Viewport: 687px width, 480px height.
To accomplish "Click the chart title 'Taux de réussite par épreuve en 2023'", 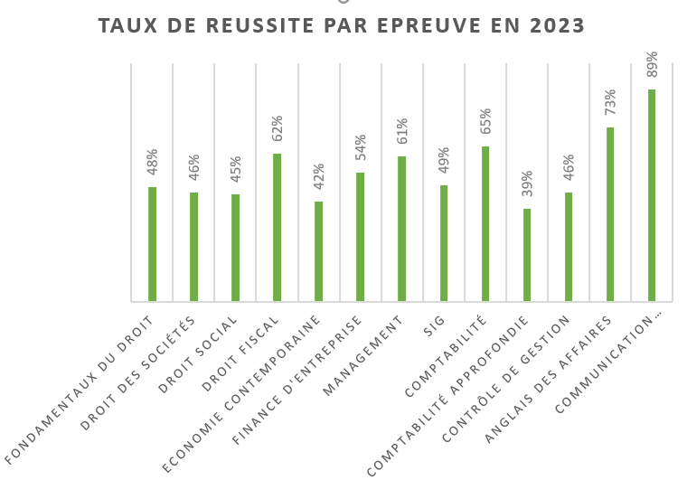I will point(341,25).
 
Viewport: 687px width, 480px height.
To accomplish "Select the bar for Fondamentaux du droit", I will point(152,244).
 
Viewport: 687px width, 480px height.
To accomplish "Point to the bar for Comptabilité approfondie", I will point(526,255).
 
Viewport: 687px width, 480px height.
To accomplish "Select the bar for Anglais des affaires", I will point(609,214).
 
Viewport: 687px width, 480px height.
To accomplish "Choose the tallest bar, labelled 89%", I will point(651,195).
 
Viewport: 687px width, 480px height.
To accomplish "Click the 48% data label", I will point(153,165).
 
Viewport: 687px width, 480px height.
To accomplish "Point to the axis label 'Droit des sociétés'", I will point(136,372).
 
